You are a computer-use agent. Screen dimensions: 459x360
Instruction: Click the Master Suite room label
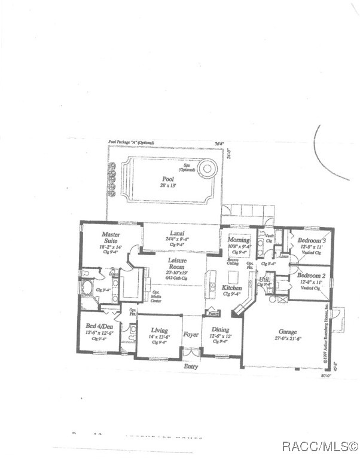point(111,237)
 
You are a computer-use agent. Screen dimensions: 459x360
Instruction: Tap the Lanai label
point(176,233)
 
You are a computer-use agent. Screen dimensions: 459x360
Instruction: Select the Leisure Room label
point(177,264)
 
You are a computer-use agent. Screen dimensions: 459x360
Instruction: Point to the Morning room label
point(239,240)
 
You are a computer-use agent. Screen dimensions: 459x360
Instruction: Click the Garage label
point(288,332)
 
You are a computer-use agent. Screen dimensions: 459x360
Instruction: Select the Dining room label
point(220,330)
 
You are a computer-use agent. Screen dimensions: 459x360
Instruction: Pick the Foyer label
point(191,335)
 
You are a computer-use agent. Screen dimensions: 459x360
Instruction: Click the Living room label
point(159,331)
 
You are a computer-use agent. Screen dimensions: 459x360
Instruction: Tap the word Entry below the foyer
point(191,366)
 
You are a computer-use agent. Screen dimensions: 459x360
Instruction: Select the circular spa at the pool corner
point(207,169)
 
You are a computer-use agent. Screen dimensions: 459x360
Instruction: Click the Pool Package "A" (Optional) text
point(131,143)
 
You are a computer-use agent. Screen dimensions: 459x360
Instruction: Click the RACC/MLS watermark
point(320,446)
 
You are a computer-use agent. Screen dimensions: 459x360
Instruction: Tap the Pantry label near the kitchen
point(212,313)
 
